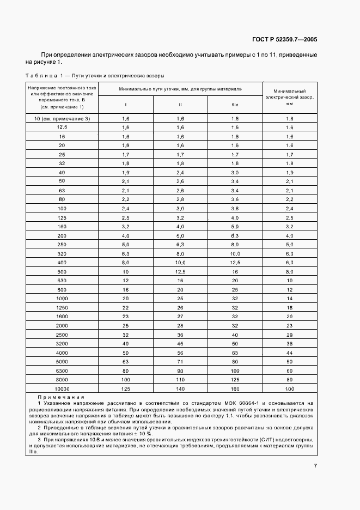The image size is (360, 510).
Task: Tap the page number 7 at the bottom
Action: pos(315,465)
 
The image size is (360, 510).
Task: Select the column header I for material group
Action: pos(126,105)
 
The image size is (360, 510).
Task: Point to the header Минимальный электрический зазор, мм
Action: pos(289,96)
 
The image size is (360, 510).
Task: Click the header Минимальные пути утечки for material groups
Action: pos(180,88)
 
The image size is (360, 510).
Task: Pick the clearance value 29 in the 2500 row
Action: pos(289,335)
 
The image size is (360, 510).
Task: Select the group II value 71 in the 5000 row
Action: pos(180,361)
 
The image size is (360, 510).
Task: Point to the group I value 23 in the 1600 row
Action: pos(126,317)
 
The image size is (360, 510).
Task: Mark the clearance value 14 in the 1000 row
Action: pos(289,299)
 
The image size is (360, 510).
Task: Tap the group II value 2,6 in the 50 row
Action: pos(180,181)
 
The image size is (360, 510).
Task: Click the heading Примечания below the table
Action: pos(61,398)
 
